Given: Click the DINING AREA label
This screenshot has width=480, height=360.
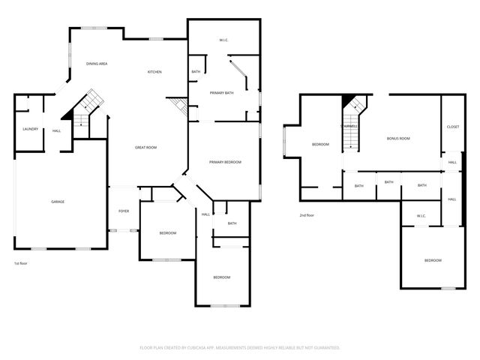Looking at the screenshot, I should [97, 64].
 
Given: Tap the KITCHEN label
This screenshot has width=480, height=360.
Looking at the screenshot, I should [154, 72].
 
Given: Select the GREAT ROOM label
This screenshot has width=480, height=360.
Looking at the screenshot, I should [145, 148].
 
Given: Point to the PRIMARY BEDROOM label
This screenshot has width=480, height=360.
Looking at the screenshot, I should [225, 162].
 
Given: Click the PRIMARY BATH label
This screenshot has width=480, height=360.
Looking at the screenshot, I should [222, 92].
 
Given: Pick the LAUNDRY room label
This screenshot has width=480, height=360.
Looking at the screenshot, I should [30, 128].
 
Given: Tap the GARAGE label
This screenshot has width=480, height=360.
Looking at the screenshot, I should [58, 202].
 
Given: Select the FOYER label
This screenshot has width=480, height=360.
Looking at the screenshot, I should [124, 211].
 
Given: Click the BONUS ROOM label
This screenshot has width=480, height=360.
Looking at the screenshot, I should [398, 139].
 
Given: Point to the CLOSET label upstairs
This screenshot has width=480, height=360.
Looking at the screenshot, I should [453, 127].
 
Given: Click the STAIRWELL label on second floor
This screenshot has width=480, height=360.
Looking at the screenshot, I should [349, 127].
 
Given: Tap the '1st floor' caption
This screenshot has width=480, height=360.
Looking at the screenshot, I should [21, 263].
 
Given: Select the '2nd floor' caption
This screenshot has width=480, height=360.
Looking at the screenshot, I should [306, 215].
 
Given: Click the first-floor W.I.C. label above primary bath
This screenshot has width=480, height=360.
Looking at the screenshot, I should [223, 39].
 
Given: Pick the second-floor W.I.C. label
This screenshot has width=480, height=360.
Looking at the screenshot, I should [421, 217].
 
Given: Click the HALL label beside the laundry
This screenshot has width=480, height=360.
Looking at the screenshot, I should [57, 131].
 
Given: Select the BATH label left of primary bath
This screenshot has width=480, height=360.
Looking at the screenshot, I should [196, 72].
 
